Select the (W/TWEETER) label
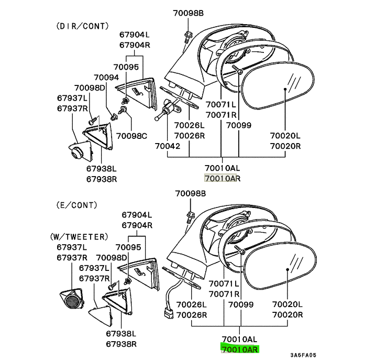(x=80, y=237)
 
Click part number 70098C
(x=131, y=136)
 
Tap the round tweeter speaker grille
(x=72, y=300)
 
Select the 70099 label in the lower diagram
(x=239, y=304)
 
